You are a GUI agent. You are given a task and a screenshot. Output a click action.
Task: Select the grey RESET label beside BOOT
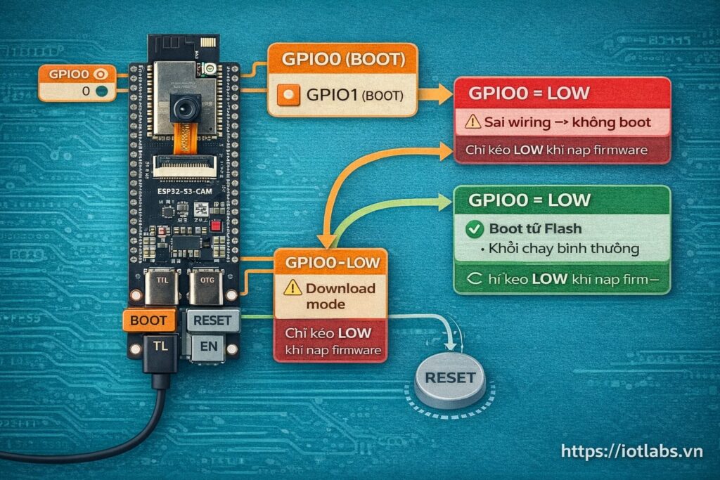tap(212, 320)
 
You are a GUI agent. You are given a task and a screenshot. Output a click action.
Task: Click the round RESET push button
tap(450, 378)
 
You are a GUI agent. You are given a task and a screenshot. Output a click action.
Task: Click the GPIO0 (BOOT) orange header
tap(342, 60)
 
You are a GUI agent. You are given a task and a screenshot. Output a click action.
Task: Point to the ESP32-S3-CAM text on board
tap(185, 190)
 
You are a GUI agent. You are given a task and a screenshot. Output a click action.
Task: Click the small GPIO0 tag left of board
tap(77, 73)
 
